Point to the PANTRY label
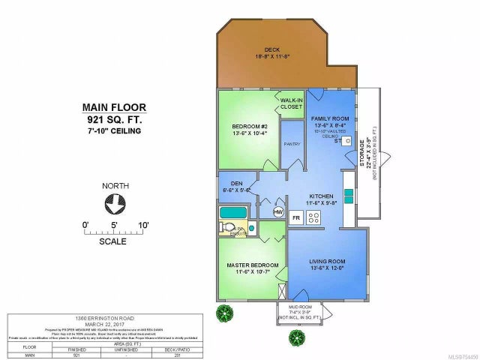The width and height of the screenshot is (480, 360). [x=292, y=145]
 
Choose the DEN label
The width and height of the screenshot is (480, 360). [x=232, y=188]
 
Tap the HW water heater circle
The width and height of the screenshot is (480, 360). [x=277, y=212]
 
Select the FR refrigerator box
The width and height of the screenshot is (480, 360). [x=297, y=218]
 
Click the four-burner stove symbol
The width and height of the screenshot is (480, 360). [x=316, y=218]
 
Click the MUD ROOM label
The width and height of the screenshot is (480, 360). [x=301, y=307]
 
